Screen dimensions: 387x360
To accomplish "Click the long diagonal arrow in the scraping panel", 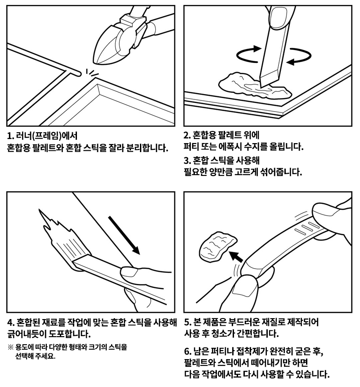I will tap(126, 234).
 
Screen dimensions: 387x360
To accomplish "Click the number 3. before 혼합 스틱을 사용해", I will tap(187, 161).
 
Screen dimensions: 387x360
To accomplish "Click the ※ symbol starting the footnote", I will tap(11, 347).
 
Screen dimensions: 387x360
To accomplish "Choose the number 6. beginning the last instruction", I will tap(188, 351).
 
